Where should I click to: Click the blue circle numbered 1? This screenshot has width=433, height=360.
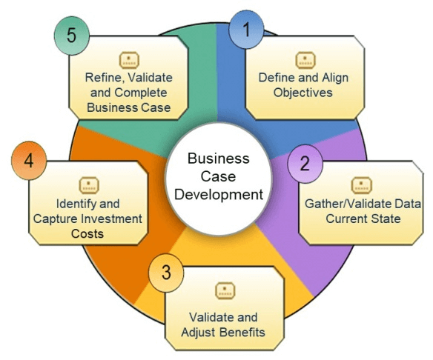(x=246, y=30)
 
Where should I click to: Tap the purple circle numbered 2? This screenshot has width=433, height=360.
(x=305, y=164)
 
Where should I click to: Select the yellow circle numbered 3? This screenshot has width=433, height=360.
(x=166, y=273)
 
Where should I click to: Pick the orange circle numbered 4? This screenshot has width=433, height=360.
(x=29, y=161)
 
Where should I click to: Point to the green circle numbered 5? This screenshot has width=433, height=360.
(x=72, y=36)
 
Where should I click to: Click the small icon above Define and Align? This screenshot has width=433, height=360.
(x=305, y=60)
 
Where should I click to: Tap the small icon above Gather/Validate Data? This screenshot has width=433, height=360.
(x=362, y=185)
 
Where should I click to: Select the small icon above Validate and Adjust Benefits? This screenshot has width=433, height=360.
(x=225, y=291)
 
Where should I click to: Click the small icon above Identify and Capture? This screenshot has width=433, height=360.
(x=89, y=185)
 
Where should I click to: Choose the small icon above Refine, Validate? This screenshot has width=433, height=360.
(x=129, y=60)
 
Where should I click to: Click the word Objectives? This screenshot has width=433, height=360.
(x=303, y=93)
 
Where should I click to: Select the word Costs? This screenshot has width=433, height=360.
(x=87, y=234)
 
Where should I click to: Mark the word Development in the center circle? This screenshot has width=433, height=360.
(x=219, y=195)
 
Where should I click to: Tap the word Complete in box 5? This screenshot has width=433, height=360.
(x=141, y=93)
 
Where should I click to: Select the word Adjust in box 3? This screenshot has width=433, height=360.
(x=199, y=333)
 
